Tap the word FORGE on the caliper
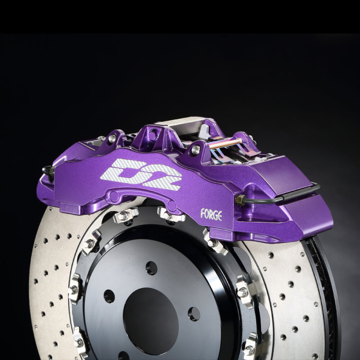211,215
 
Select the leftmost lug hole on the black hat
109,296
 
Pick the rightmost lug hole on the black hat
194,314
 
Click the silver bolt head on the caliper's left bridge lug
111,139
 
